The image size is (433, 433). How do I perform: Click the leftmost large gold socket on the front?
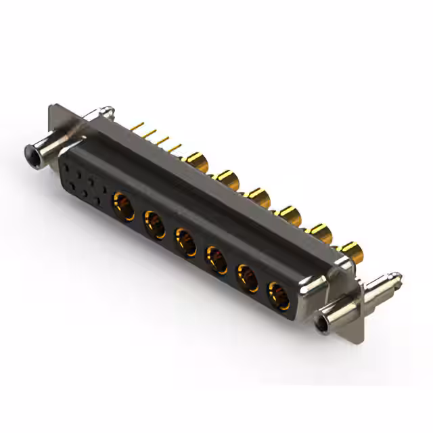[x=123, y=204]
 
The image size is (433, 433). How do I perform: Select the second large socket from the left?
[x=154, y=223]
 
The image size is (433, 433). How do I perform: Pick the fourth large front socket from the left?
[x=216, y=258]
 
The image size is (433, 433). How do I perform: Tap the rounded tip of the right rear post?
[x=397, y=276]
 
